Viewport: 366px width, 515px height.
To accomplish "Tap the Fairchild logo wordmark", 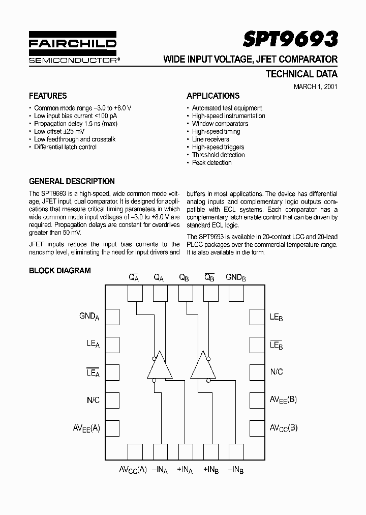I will click(72, 44).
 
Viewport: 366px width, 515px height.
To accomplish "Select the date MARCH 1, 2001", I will click(315, 86).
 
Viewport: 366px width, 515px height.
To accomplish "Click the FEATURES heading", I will click(48, 96).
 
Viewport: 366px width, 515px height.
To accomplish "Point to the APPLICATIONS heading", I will click(213, 96).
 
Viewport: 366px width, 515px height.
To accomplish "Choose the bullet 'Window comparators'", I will click(220, 124).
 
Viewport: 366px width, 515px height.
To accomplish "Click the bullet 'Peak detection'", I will click(211, 163).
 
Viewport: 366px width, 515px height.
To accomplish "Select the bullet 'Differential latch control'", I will click(65, 147).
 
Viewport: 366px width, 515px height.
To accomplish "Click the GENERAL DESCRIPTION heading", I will click(72, 181).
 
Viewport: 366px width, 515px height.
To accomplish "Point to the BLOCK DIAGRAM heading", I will click(60, 271).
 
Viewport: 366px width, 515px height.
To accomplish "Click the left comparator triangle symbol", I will click(160, 365).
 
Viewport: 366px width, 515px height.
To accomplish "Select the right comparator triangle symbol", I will click(203, 365).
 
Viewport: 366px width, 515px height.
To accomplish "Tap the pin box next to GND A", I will click(112, 317).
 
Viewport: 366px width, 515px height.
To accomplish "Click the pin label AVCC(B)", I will click(283, 427).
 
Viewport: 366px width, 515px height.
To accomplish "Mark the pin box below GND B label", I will click(236, 294).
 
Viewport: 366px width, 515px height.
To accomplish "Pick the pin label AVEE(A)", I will click(86, 427).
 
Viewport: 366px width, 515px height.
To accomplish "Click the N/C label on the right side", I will click(277, 372).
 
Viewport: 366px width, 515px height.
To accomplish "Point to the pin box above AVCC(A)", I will click(135, 451).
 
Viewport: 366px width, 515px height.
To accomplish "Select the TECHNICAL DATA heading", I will click(301, 74).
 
